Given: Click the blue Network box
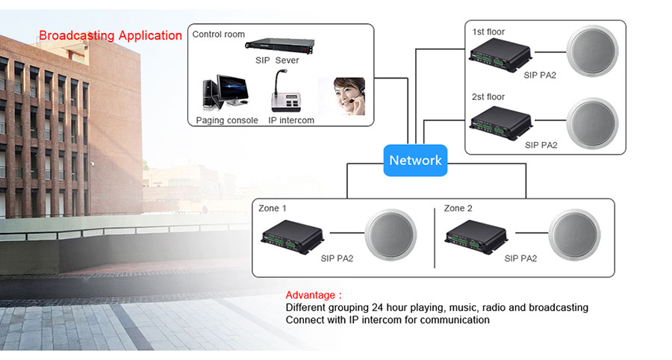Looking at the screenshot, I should point(415,160).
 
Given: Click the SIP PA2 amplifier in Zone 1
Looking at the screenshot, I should point(294,234).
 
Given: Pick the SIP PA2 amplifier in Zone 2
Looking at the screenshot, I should point(478,234).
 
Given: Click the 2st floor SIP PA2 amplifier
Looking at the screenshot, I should point(500,120).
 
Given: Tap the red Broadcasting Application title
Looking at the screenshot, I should point(111,35).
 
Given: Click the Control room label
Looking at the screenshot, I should point(219,34).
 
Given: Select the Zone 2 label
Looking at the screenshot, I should point(458,208).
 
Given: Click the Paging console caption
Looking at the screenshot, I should point(227,120).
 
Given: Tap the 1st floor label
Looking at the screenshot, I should point(488,32).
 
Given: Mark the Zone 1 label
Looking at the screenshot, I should point(273,208).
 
